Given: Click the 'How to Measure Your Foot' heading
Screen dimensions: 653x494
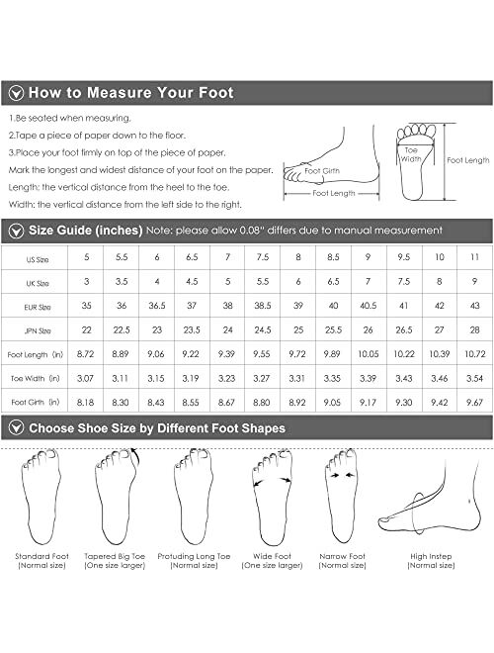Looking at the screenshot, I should coord(130,93).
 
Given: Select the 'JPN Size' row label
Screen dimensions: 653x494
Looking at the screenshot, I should coord(36,328).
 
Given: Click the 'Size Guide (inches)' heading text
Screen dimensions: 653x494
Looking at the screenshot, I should coord(85,231).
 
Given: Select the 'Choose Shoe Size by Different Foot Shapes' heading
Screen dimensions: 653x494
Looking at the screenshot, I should coord(157,428).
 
